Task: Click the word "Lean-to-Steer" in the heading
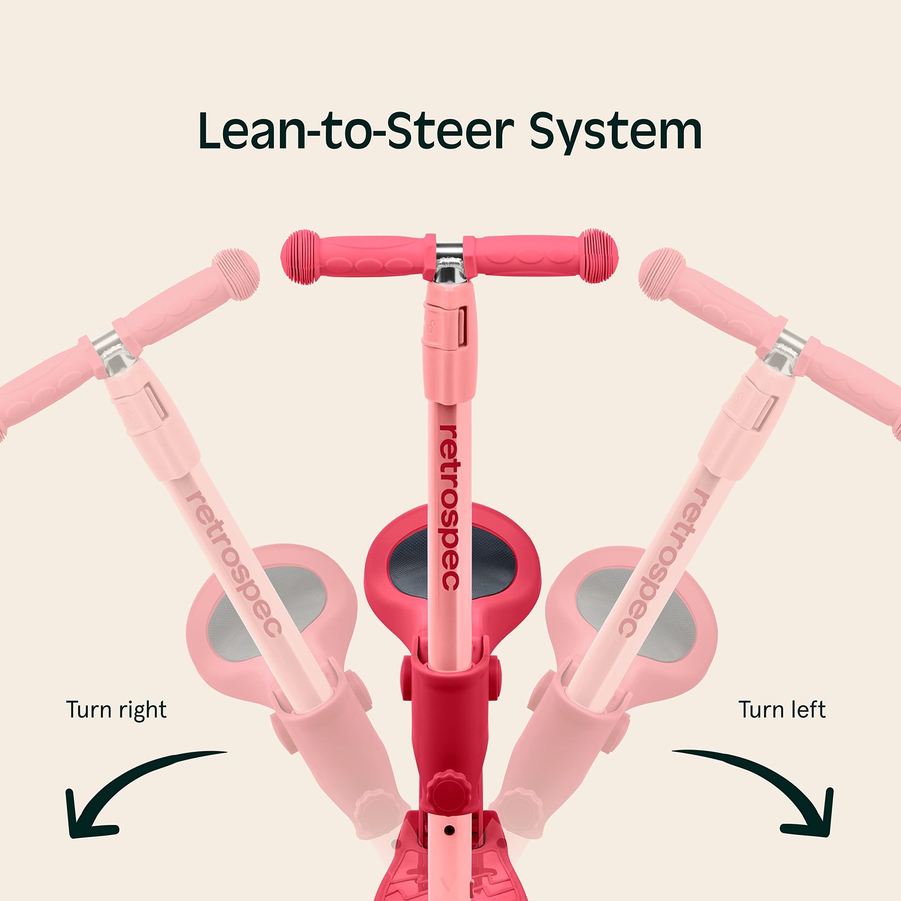(356, 131)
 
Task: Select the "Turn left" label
(782, 710)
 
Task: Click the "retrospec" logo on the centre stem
(449, 507)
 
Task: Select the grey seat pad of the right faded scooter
(636, 614)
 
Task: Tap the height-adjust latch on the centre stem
(450, 327)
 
